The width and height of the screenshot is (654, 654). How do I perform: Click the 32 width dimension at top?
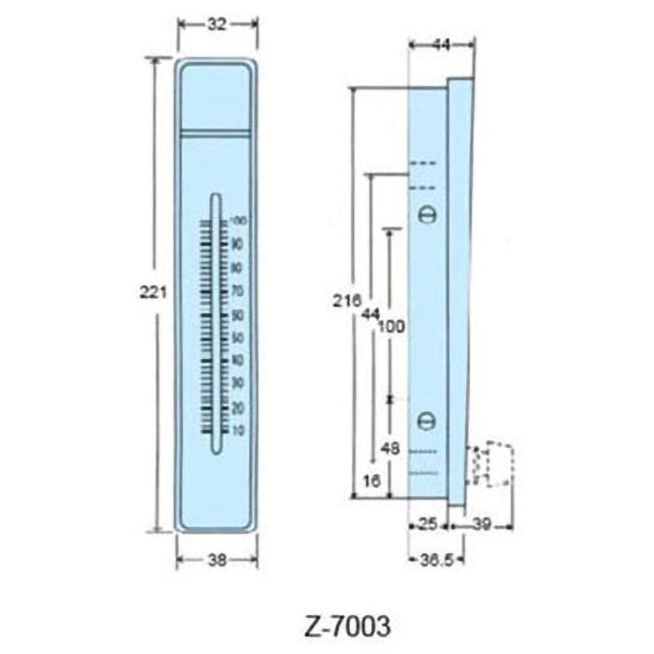217,25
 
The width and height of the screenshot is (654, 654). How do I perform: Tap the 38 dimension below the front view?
217,560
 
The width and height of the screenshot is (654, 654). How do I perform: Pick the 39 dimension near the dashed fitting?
483,523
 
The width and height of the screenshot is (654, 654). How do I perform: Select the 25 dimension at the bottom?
428,523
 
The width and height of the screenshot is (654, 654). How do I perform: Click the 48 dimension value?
391,448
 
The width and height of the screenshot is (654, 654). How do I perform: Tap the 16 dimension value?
372,482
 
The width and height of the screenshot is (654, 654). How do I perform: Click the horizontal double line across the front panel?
216,132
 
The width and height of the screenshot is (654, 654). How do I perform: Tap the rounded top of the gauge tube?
216,198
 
